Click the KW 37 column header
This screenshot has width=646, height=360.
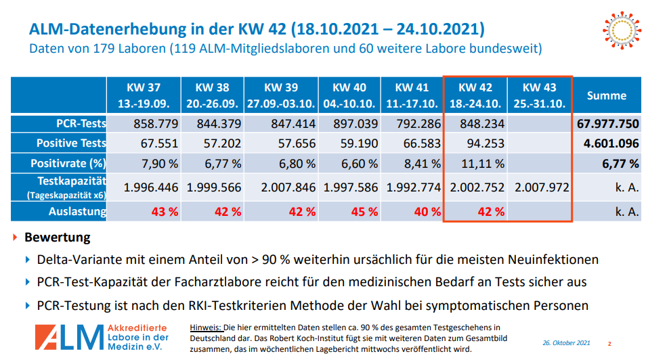[x=143, y=95]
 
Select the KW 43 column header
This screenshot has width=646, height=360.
[x=540, y=95]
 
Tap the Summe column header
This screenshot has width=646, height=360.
[x=606, y=96]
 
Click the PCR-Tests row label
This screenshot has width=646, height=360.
[x=81, y=124]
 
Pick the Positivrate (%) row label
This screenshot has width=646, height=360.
[x=68, y=163]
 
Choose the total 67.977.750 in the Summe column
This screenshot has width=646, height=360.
[x=608, y=124]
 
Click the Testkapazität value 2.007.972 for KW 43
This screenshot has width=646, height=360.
[x=541, y=187]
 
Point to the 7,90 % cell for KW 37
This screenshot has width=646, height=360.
[x=154, y=163]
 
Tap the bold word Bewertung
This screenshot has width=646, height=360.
[x=57, y=238]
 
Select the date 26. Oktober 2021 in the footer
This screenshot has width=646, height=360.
[x=566, y=343]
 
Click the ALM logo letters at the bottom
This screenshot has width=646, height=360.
[x=67, y=336]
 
